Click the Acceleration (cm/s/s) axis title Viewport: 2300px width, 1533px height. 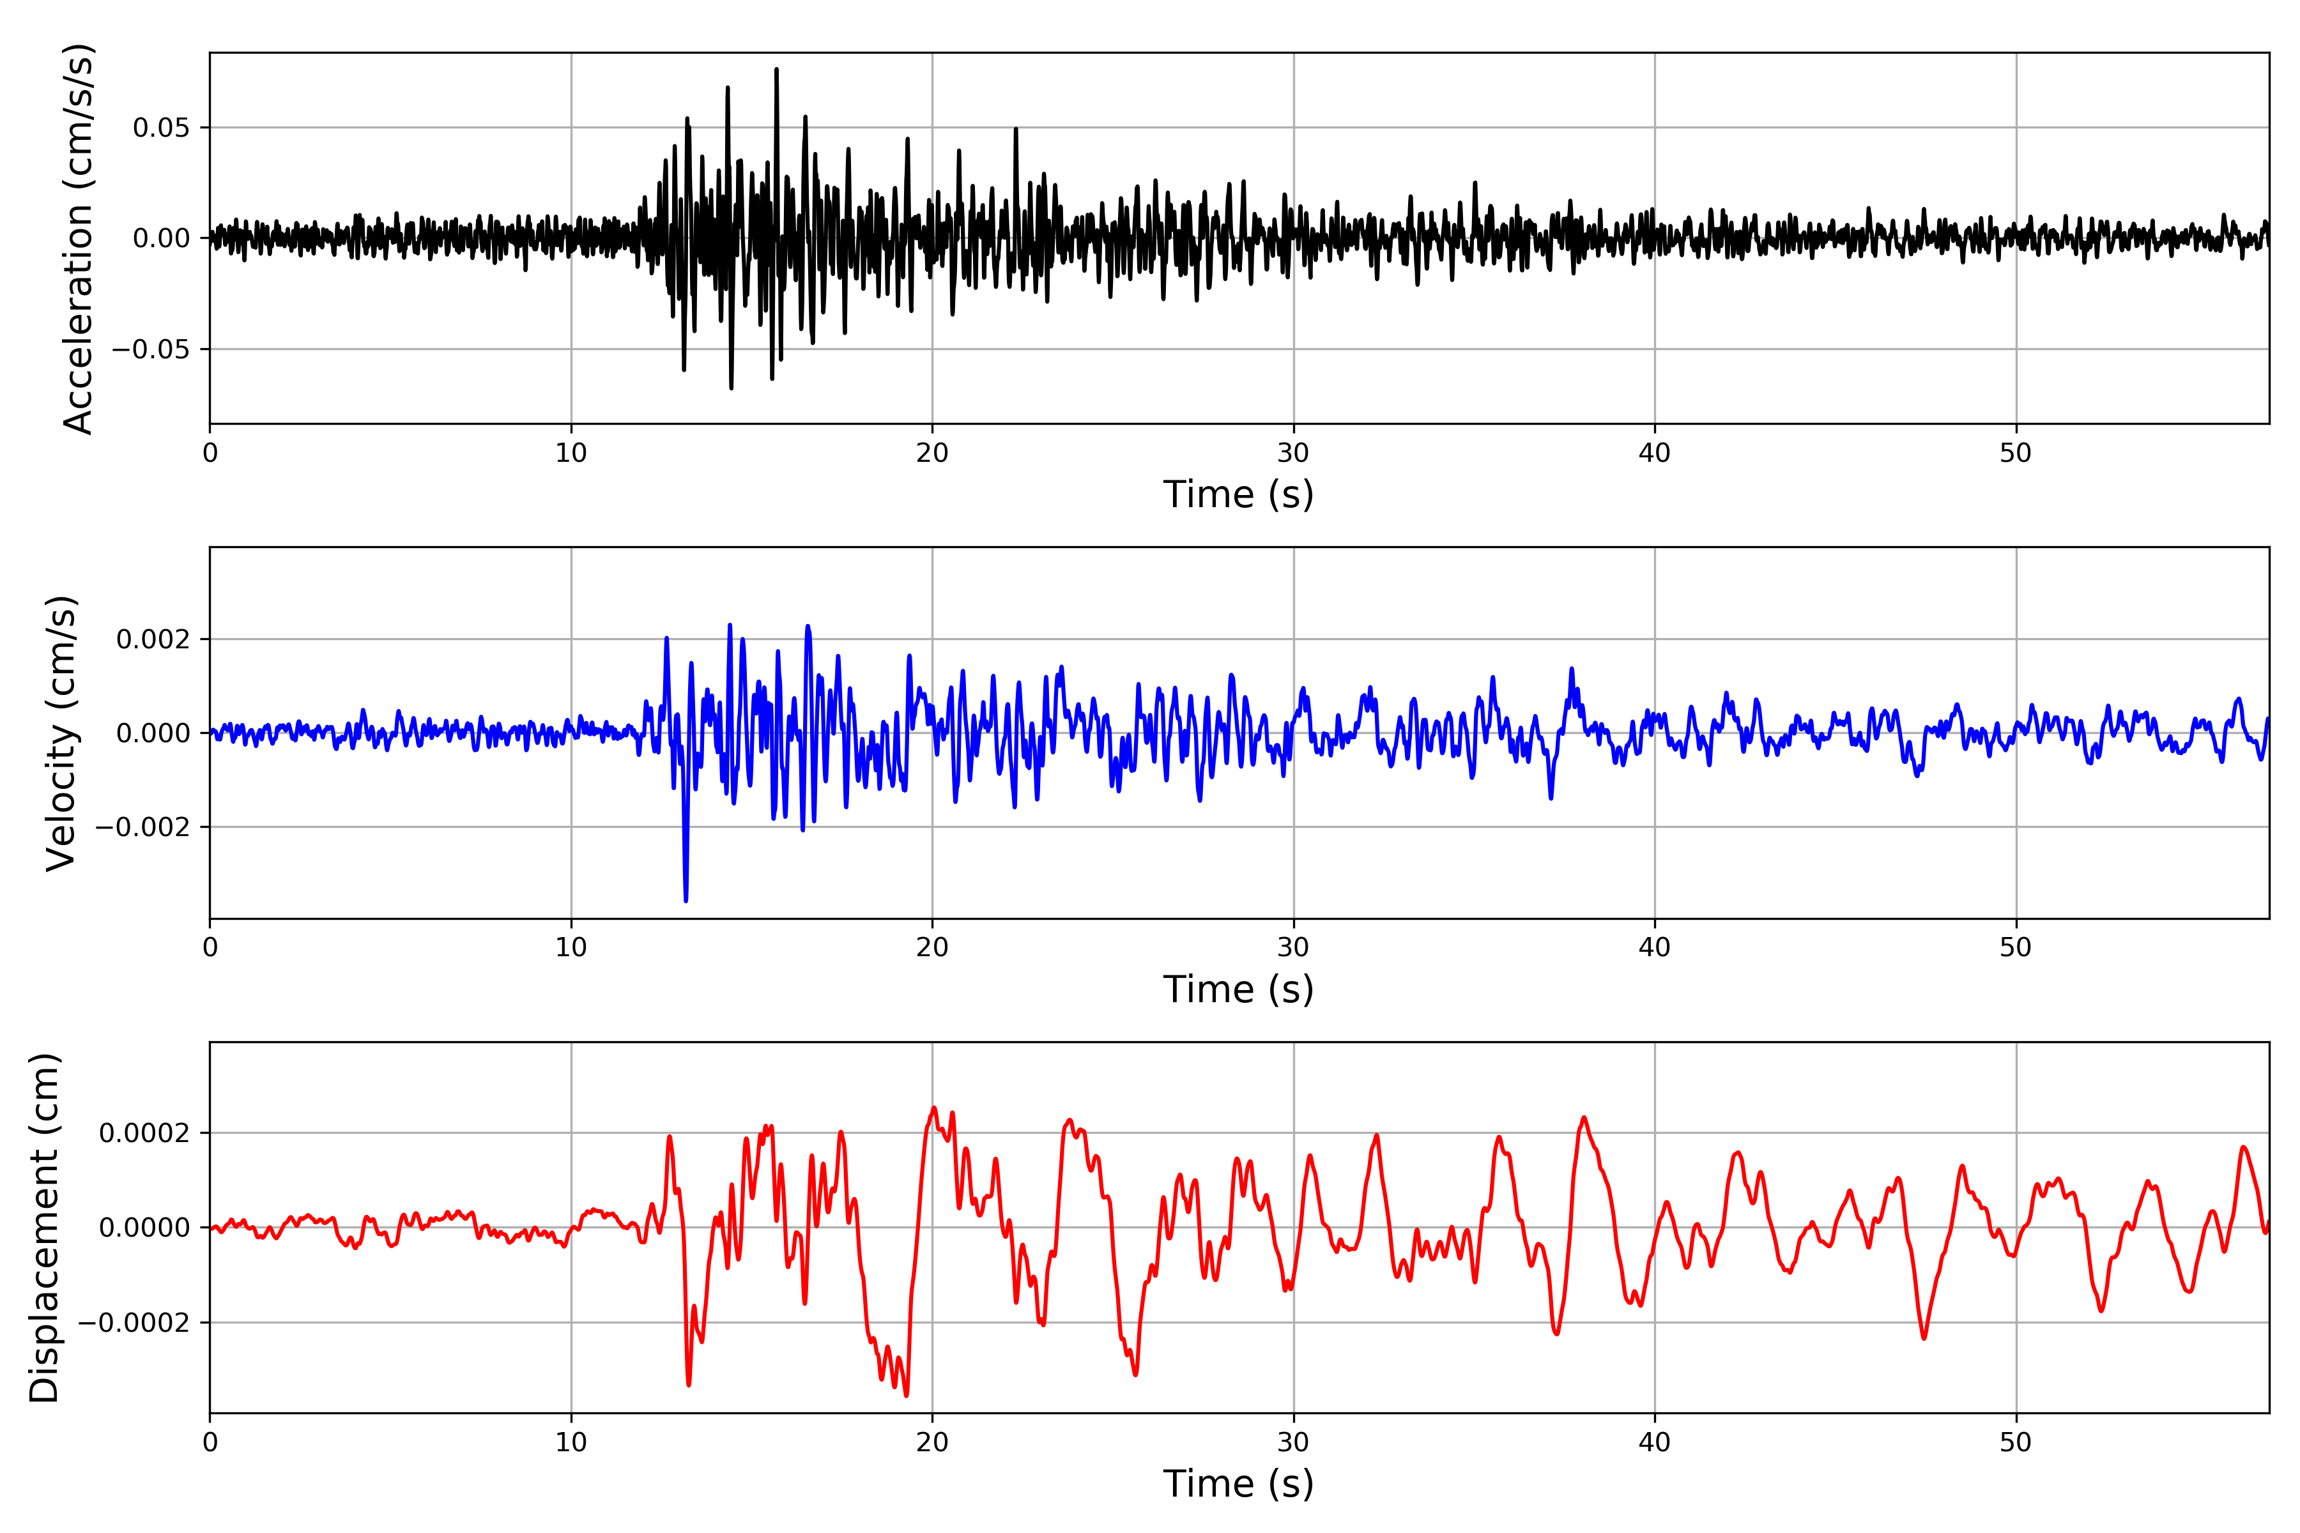pyautogui.click(x=78, y=238)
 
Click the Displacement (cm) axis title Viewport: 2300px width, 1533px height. pyautogui.click(x=44, y=1228)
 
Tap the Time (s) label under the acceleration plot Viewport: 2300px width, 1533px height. pyautogui.click(x=1238, y=494)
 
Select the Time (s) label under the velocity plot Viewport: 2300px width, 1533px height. pyautogui.click(x=1238, y=989)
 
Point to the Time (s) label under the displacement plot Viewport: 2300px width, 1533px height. pyautogui.click(x=1238, y=1484)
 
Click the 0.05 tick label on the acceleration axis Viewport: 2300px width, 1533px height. pyautogui.click(x=162, y=128)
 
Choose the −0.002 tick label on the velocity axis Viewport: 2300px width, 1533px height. pyautogui.click(x=142, y=828)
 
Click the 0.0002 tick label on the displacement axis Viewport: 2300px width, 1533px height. pyautogui.click(x=145, y=1134)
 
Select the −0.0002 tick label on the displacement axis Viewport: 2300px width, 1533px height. pyautogui.click(x=134, y=1323)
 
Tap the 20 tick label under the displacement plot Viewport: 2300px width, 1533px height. pyautogui.click(x=932, y=1443)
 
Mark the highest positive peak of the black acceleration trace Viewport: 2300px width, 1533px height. pyautogui.click(x=776, y=70)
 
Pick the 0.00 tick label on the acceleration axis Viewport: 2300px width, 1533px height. pyautogui.click(x=162, y=238)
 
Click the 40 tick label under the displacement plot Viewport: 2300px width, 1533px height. pyautogui.click(x=1655, y=1443)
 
